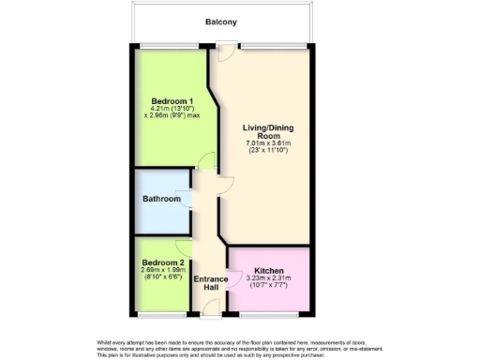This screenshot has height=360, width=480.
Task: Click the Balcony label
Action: (x=221, y=21)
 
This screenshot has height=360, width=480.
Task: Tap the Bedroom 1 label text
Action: (x=172, y=100)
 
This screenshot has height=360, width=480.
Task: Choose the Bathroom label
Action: (x=161, y=200)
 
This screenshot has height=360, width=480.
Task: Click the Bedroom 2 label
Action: (x=162, y=262)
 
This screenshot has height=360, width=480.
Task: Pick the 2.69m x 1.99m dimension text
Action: (x=163, y=271)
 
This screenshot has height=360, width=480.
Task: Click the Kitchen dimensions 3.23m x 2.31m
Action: (x=269, y=278)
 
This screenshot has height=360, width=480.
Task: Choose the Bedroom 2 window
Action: (x=161, y=313)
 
